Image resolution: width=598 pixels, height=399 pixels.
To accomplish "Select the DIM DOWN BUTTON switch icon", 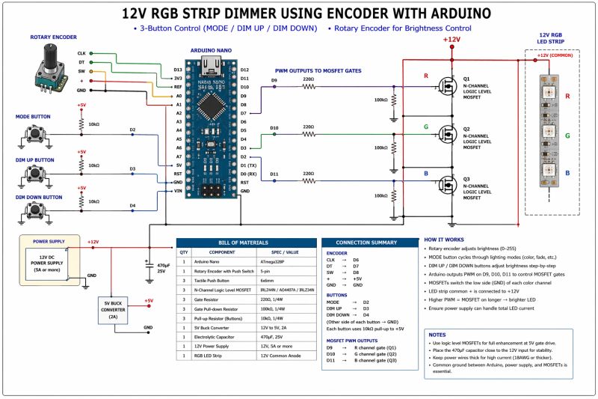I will pos(34,214).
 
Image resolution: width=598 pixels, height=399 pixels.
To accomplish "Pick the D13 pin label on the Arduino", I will pos(177,70).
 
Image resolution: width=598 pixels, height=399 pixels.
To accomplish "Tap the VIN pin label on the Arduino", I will pos(177,191).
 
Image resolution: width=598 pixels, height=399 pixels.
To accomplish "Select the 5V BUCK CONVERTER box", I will pos(115,309).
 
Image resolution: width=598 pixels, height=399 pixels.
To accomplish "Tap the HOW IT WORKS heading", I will pos(448,240).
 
